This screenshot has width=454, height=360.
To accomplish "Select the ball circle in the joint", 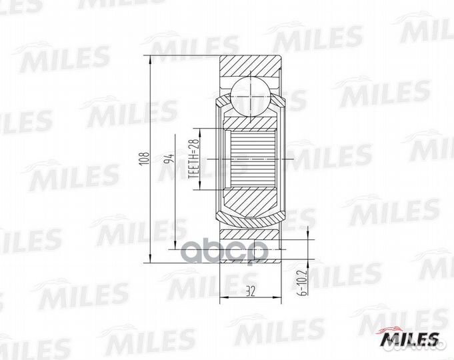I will [250, 93].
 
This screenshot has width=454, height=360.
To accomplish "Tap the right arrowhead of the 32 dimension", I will [277, 296].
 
